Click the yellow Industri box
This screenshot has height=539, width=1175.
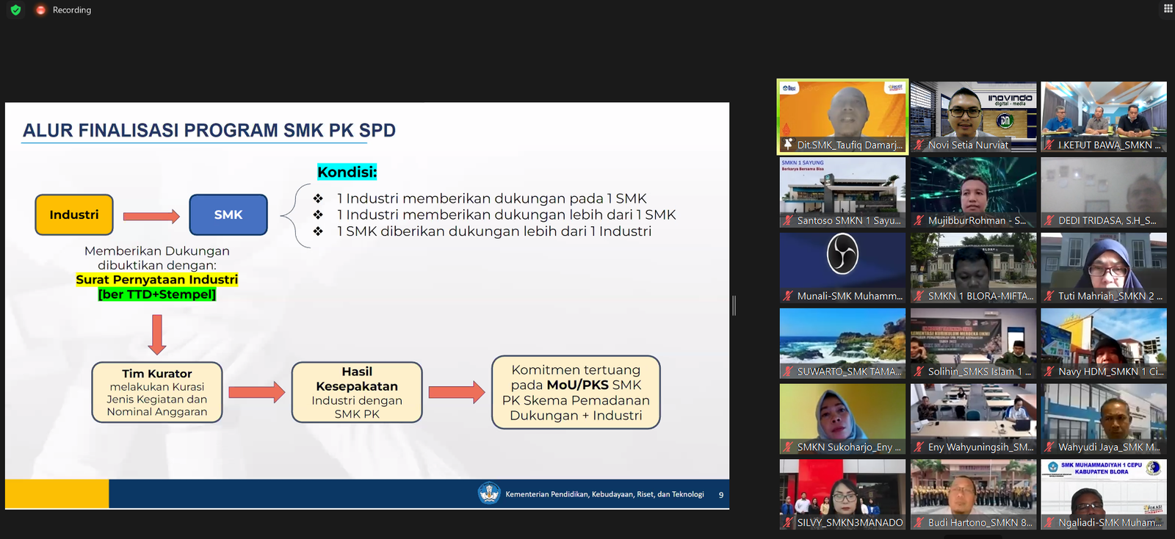click(74, 214)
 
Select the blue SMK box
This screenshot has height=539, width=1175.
click(228, 214)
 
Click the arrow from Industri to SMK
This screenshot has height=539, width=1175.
click(151, 216)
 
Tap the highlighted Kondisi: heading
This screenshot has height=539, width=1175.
click(347, 172)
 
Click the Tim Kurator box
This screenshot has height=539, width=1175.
click(157, 392)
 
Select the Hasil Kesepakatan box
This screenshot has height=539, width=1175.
click(357, 392)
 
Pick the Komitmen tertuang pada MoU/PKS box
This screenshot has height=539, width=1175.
click(576, 392)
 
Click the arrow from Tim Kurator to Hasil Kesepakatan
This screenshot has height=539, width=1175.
click(256, 392)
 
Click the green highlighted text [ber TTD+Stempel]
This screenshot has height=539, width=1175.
click(157, 294)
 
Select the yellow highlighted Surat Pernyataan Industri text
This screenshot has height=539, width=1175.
click(157, 280)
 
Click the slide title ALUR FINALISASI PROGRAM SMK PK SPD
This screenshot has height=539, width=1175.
click(209, 131)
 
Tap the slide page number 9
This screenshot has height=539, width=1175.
click(720, 495)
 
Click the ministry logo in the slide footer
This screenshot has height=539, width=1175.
click(488, 493)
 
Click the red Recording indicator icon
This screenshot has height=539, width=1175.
click(40, 10)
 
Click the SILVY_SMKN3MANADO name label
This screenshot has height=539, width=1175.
click(850, 523)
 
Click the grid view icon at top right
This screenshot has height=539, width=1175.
click(1168, 9)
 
